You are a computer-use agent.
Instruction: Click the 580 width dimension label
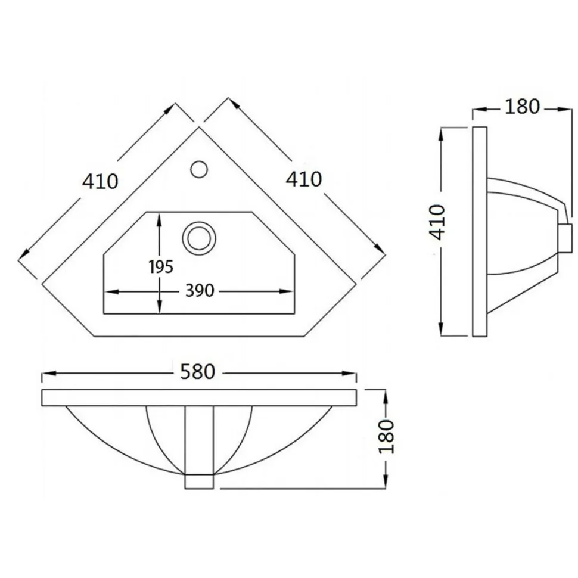tap(198, 372)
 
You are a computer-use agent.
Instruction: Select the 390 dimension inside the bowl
tap(200, 291)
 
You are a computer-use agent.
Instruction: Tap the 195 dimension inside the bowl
tap(161, 267)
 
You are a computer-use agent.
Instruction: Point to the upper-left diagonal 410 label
tap(100, 181)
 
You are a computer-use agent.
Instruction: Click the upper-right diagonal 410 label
tap(304, 179)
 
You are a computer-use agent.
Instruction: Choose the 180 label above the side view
tap(522, 107)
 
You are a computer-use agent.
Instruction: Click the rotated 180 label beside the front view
tap(386, 436)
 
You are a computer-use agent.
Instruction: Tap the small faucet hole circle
tap(199, 169)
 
